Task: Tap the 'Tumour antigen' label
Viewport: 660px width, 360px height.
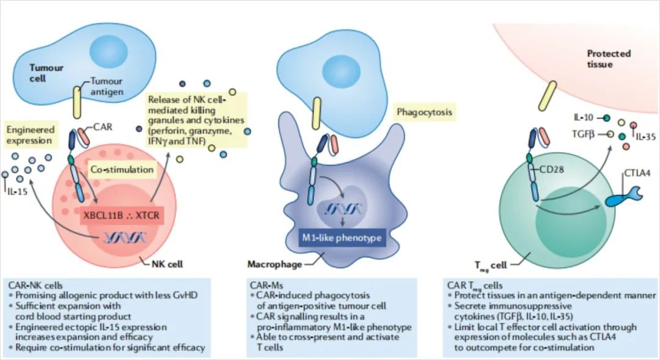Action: (x=107, y=86)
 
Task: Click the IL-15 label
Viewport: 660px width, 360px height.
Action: (x=21, y=191)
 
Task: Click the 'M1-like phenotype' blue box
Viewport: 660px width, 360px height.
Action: (x=342, y=236)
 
